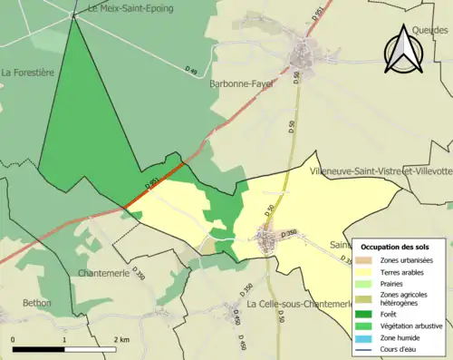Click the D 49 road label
coord(191,71)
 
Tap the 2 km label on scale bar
coord(120,339)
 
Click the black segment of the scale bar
coord(39,349)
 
